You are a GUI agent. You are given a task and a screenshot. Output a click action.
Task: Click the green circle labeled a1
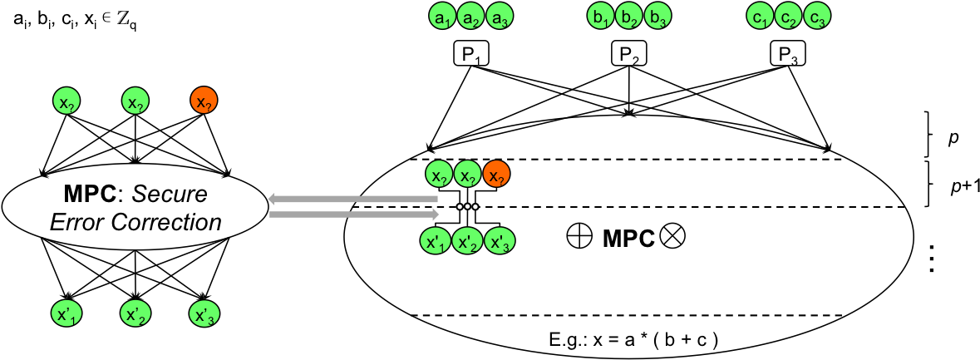(442, 16)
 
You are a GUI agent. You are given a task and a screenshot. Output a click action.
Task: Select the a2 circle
(470, 16)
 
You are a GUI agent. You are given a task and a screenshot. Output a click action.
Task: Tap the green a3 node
(498, 16)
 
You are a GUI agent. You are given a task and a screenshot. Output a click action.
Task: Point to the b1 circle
(601, 16)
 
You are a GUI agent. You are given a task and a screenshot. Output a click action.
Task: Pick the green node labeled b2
(629, 16)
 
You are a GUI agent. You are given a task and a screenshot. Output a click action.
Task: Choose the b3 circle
(657, 16)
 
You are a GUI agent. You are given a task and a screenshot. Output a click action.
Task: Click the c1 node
(761, 16)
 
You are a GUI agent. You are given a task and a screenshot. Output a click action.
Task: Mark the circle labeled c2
(789, 16)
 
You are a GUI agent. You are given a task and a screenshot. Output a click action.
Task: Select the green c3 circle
(816, 16)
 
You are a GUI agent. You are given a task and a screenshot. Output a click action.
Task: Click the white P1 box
(470, 55)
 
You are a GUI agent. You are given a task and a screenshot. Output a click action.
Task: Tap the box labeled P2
(628, 55)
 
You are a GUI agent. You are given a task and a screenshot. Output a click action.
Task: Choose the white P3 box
(788, 55)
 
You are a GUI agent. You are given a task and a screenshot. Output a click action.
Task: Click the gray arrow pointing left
(352, 200)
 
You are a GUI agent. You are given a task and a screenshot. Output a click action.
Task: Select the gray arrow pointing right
(354, 215)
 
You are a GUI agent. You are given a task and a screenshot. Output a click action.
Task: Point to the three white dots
(468, 207)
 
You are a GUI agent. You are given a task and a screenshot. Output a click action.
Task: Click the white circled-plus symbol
(579, 236)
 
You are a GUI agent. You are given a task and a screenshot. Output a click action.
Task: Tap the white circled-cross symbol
(672, 236)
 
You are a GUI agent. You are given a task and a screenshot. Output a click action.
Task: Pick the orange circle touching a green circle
(496, 175)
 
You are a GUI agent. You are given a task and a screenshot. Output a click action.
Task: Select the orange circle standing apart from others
(204, 101)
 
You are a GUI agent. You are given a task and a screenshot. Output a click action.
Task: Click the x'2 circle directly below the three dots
(468, 242)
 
